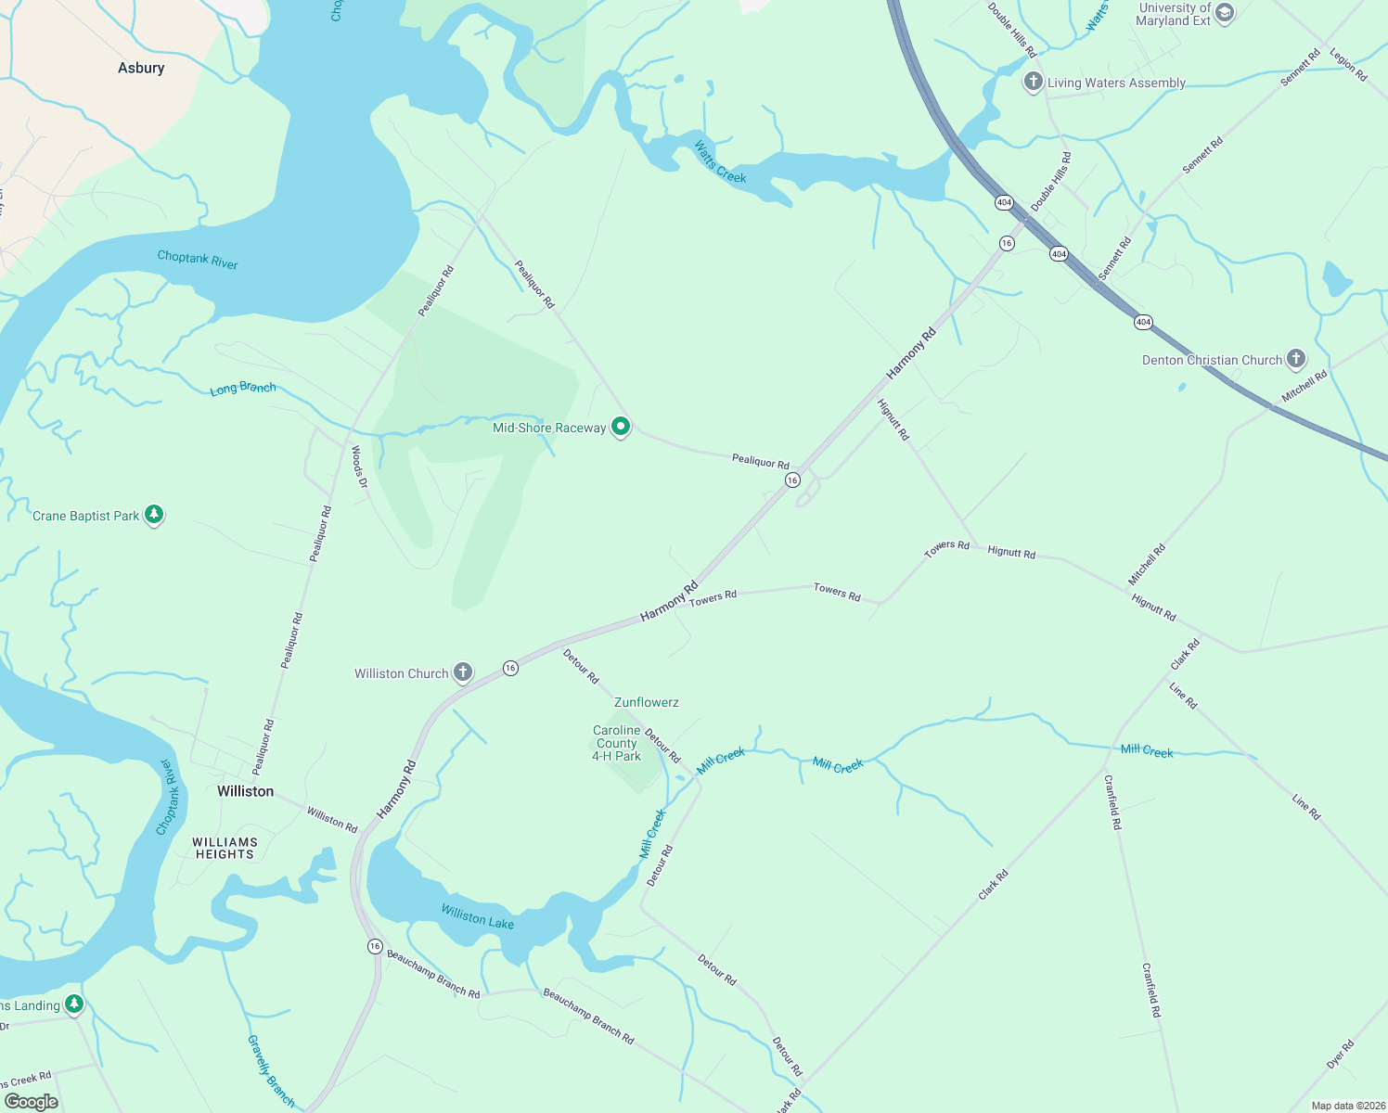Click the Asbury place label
[141, 68]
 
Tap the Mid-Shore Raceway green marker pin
[621, 427]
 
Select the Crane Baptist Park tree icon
[154, 515]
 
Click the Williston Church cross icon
[462, 672]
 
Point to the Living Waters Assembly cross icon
[1033, 82]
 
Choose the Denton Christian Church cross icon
[1296, 359]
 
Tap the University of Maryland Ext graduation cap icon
[1225, 13]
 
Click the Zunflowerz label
[646, 702]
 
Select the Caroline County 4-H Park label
[617, 743]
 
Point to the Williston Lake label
[477, 916]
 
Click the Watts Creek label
[720, 161]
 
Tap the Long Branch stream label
[243, 389]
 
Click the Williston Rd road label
[332, 819]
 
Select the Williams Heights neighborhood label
[225, 848]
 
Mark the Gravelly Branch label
[271, 1072]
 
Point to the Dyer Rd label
[1341, 1055]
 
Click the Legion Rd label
[1348, 65]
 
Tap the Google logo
[32, 1101]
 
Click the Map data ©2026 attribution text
[1345, 1106]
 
